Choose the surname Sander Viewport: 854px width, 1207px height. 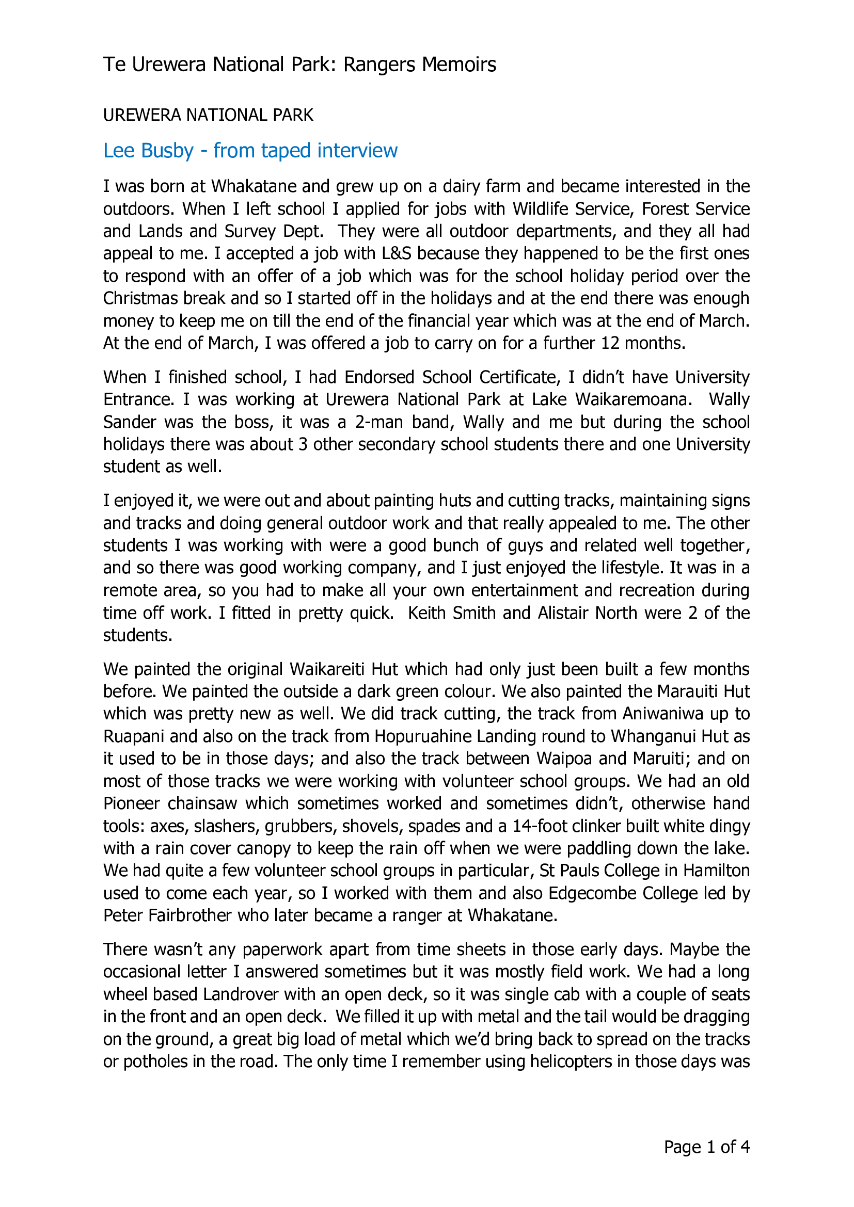pyautogui.click(x=130, y=422)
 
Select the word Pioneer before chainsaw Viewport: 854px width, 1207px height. pyautogui.click(x=132, y=804)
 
